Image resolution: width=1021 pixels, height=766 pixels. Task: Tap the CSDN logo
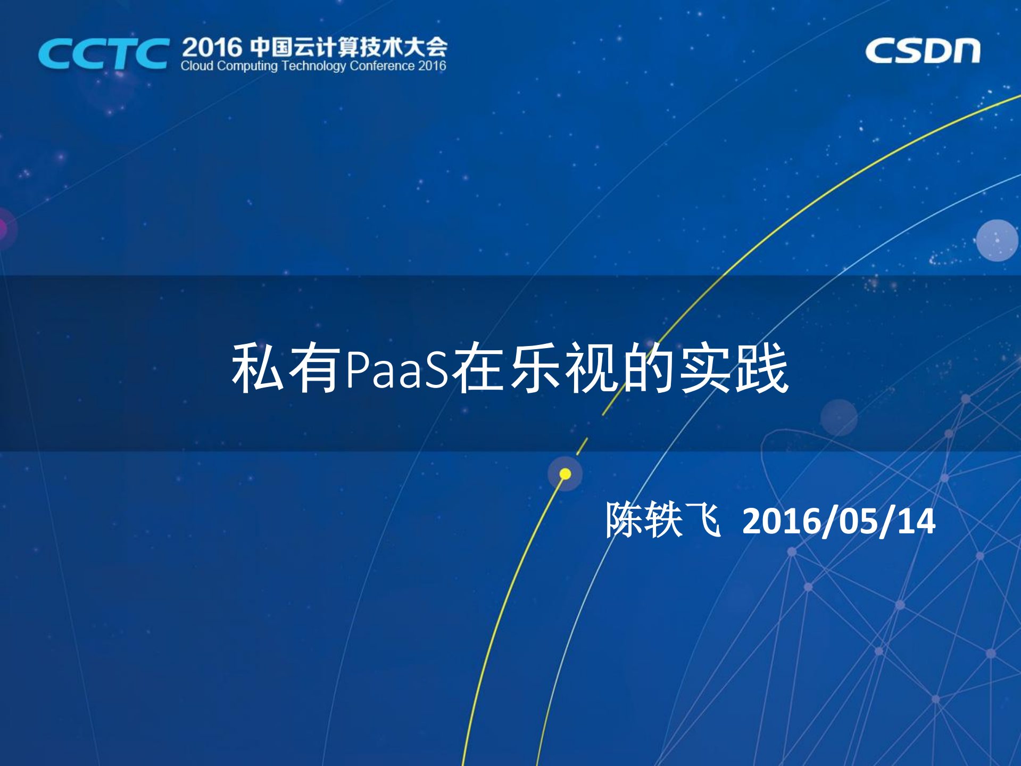[923, 51]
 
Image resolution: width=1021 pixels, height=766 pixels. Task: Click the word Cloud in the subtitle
[197, 66]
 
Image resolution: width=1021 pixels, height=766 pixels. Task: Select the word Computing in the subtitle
[247, 66]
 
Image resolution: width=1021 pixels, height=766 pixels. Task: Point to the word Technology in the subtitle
[314, 66]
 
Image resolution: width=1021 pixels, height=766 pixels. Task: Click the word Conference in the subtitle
[382, 66]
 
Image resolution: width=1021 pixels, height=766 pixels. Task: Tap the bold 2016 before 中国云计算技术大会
[212, 48]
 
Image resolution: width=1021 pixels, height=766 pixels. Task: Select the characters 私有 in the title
[286, 368]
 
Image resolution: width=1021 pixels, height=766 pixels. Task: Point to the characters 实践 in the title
[734, 368]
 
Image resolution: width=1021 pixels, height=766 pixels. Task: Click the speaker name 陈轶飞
[663, 520]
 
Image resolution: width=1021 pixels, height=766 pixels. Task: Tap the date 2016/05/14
[839, 521]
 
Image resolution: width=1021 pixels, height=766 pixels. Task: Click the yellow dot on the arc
[565, 474]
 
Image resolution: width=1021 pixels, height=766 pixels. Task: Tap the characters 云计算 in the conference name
[326, 47]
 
